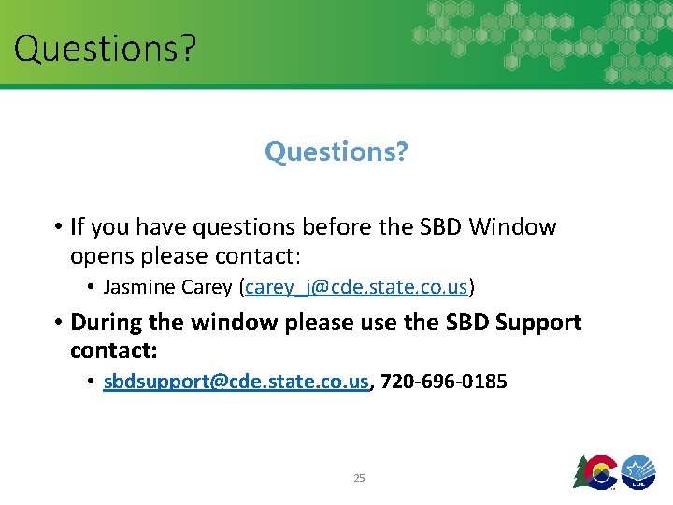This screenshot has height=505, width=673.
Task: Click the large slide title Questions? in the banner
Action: pos(105,47)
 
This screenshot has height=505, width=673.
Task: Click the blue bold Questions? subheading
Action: pos(336,151)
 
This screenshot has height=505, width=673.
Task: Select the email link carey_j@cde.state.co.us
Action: pos(358,286)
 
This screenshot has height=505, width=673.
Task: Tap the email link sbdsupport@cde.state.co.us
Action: pos(236,382)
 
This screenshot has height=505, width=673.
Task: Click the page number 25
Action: pos(359,478)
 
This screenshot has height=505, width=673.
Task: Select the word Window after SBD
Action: pos(513,227)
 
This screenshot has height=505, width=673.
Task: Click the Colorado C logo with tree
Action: pos(595,470)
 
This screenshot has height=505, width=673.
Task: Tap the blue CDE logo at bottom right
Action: pos(637,471)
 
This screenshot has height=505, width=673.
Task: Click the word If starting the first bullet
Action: pos(79,227)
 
